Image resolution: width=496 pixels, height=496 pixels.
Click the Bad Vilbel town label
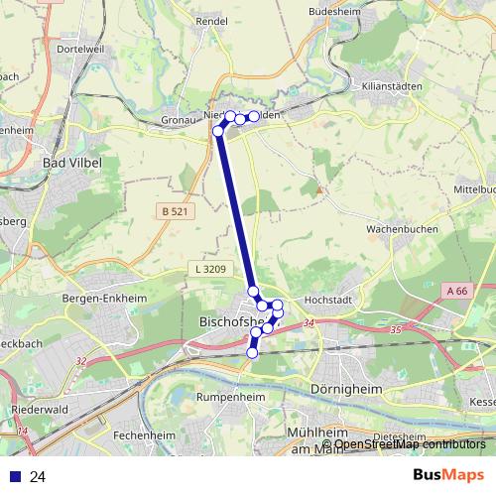coord(71,162)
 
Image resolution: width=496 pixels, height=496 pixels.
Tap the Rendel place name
coord(212,20)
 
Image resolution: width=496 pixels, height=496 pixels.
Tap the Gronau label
coord(179,121)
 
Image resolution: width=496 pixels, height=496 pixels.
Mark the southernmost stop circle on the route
coord(252,352)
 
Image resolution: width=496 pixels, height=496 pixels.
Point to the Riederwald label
coord(41,409)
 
